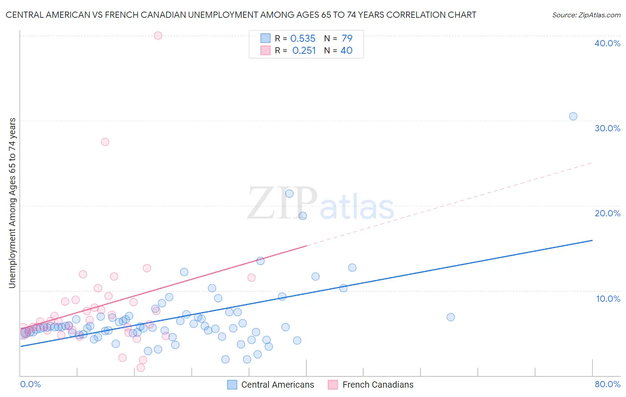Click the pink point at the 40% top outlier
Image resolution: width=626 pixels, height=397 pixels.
pos(158,36)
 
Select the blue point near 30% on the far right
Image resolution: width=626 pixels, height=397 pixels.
pos(573,116)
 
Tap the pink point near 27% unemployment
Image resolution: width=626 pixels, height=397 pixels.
pos(105,142)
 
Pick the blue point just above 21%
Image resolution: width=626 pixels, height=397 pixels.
pos(289,194)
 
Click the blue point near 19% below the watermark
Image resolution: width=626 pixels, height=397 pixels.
pos(303,216)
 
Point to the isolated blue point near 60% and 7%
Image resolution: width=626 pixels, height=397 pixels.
pos(451,317)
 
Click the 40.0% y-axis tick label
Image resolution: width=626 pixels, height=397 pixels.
pos(607,43)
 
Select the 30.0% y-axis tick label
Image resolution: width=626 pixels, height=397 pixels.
pos(607,128)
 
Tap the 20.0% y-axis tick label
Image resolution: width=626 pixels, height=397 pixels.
pos(607,213)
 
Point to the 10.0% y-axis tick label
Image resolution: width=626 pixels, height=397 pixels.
pos(608,299)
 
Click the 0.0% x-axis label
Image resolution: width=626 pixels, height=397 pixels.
pos(30,384)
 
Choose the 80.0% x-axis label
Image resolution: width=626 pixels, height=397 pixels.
pos(607,384)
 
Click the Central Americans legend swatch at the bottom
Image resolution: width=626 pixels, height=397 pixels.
pos(232,385)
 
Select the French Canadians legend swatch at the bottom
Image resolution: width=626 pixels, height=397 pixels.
pos(333,385)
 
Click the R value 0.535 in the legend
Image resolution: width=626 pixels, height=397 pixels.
pos(303,39)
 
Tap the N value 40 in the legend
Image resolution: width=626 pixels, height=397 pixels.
pos(346,51)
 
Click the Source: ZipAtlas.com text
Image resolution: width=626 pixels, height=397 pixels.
pos(586,15)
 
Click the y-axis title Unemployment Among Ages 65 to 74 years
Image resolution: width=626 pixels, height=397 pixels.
pos(12,203)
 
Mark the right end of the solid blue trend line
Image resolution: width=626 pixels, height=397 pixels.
pos(592,240)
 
